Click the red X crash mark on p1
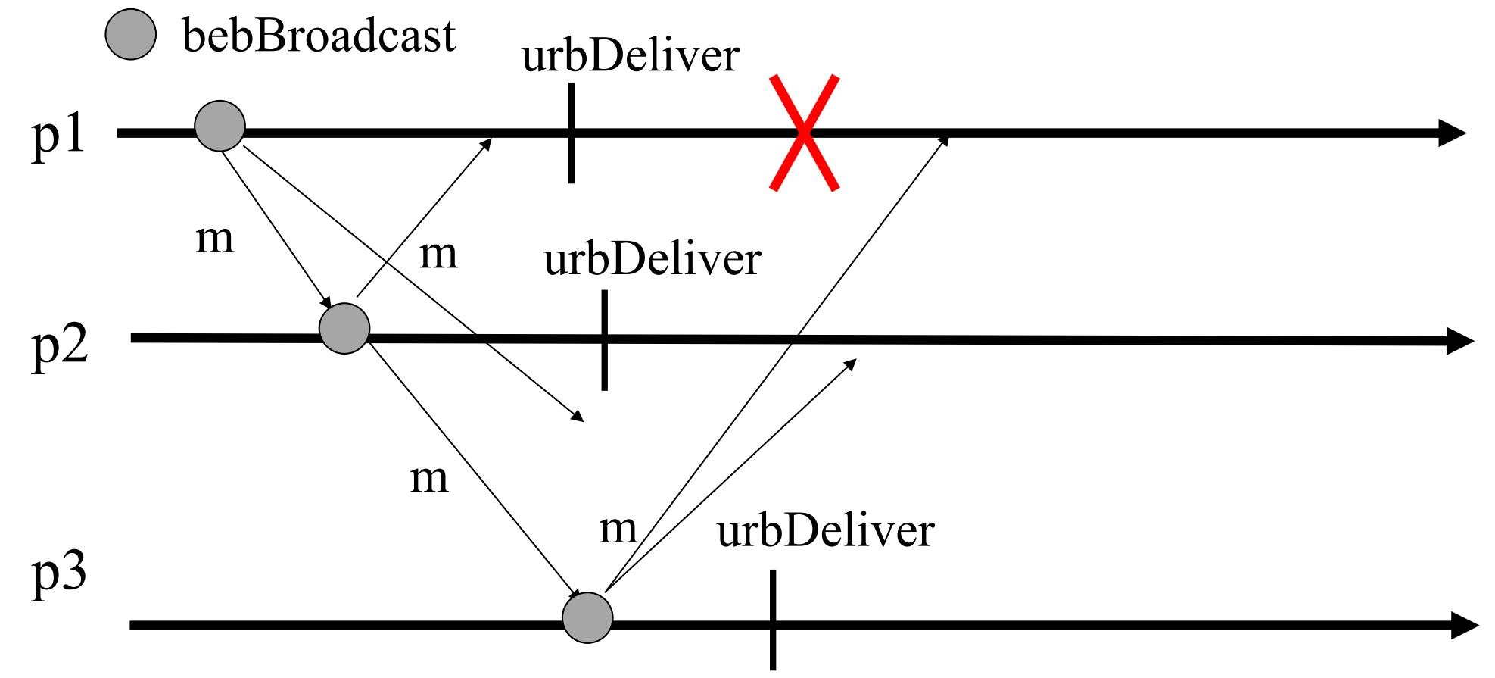click(x=804, y=133)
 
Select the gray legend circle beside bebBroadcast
click(x=130, y=36)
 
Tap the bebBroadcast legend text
click(x=319, y=36)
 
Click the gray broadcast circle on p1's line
click(x=220, y=126)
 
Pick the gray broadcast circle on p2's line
click(x=344, y=328)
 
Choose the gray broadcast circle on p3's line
click(x=587, y=618)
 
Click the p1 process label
click(x=58, y=136)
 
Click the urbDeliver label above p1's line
click(x=630, y=56)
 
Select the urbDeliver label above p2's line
click(x=652, y=259)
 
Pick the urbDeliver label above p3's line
click(x=825, y=531)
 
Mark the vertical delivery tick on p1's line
click(x=571, y=133)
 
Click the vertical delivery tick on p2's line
click(x=604, y=340)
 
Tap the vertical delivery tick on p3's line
click(x=772, y=620)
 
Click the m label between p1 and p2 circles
click(x=215, y=239)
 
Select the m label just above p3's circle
click(x=618, y=528)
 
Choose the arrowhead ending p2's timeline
click(x=1460, y=341)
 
